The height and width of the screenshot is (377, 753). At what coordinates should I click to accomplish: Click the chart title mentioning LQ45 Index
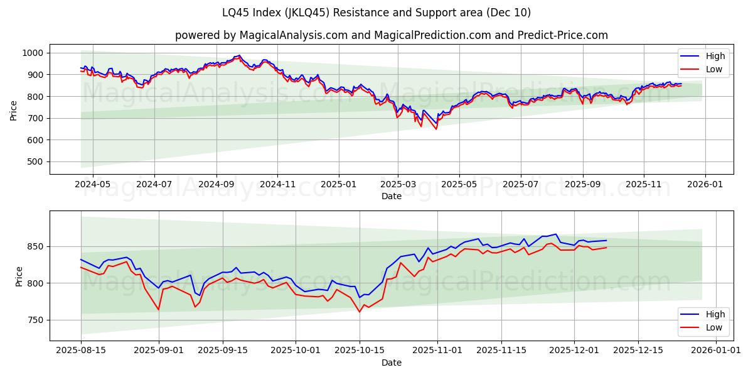(376, 13)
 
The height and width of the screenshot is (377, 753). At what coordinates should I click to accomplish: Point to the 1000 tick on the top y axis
(33, 53)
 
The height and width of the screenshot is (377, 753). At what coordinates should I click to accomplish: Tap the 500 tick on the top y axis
(36, 161)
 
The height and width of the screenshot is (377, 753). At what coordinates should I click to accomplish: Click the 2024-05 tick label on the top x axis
(93, 185)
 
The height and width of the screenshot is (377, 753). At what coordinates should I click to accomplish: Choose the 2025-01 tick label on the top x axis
(339, 185)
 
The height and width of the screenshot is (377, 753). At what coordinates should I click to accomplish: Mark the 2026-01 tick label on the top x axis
(705, 185)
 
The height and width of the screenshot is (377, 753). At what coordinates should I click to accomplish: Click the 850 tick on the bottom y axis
(36, 246)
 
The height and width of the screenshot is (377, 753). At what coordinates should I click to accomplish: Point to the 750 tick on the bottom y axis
(36, 320)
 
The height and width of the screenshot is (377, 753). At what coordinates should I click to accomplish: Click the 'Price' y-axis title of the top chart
(14, 111)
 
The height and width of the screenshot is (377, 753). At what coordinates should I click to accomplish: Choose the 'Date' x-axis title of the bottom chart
(392, 363)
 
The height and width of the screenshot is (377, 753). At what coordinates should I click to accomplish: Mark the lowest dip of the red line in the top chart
(436, 129)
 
